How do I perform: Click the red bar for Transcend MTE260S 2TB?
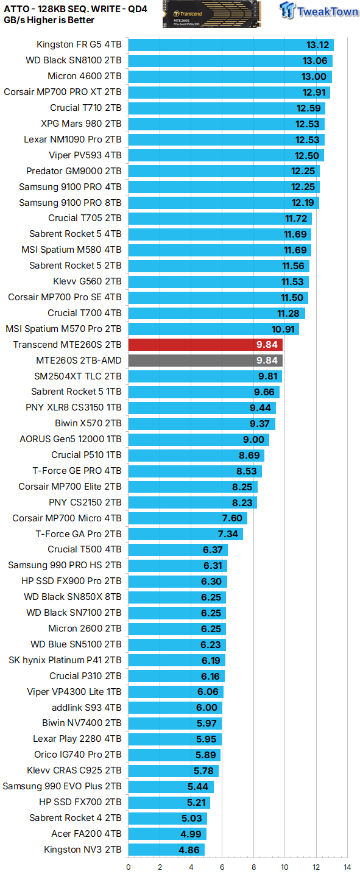point(205,345)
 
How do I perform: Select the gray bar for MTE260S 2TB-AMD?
point(205,361)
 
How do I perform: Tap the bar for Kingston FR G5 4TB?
point(231,44)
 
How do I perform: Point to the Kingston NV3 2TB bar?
point(166,850)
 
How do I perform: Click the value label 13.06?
point(315,60)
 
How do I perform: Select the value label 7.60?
point(231,518)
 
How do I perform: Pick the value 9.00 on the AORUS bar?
point(253,439)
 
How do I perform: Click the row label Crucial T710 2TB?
point(85,108)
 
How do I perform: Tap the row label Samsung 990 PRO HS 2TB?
point(65,565)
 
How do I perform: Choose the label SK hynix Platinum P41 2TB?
point(65,660)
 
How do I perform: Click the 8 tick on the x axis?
point(253,867)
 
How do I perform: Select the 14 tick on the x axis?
point(347,867)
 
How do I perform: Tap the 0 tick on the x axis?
point(129,867)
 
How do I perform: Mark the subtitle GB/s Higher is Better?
point(49,20)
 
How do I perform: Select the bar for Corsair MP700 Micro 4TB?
point(188,518)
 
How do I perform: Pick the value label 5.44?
point(199,786)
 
